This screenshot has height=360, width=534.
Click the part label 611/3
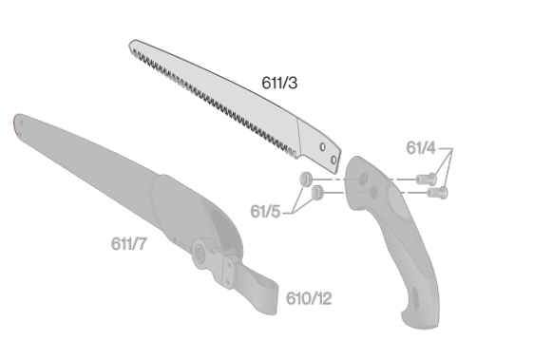[x=279, y=83]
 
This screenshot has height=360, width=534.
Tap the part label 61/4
[x=421, y=148]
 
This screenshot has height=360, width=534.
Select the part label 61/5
[x=265, y=211]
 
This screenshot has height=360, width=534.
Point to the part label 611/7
[x=129, y=243]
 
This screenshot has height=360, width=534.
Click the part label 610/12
[x=309, y=298]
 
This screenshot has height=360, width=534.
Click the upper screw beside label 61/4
[x=426, y=179]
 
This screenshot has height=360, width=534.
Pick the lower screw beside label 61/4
[x=437, y=193]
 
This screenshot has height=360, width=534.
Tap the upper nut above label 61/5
[x=306, y=179]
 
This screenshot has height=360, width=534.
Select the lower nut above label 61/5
[x=317, y=193]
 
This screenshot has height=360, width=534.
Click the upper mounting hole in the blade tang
[x=322, y=147]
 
